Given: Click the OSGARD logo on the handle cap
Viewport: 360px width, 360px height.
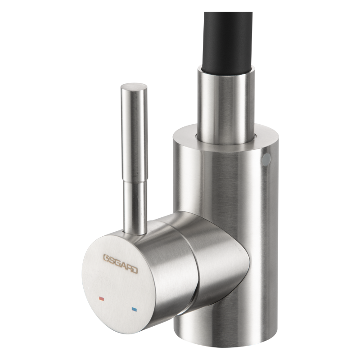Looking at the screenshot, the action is click(x=121, y=264).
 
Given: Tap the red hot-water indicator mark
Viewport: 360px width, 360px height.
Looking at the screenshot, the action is click(x=102, y=299).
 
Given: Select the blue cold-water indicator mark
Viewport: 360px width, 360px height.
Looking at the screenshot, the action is click(x=134, y=309).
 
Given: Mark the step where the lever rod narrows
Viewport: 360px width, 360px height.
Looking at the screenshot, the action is click(x=135, y=181).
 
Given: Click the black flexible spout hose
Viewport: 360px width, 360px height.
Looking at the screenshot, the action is click(x=227, y=41).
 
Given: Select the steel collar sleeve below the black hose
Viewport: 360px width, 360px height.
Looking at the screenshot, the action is click(x=226, y=106).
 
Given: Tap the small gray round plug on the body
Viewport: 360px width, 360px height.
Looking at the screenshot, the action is click(x=266, y=160).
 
